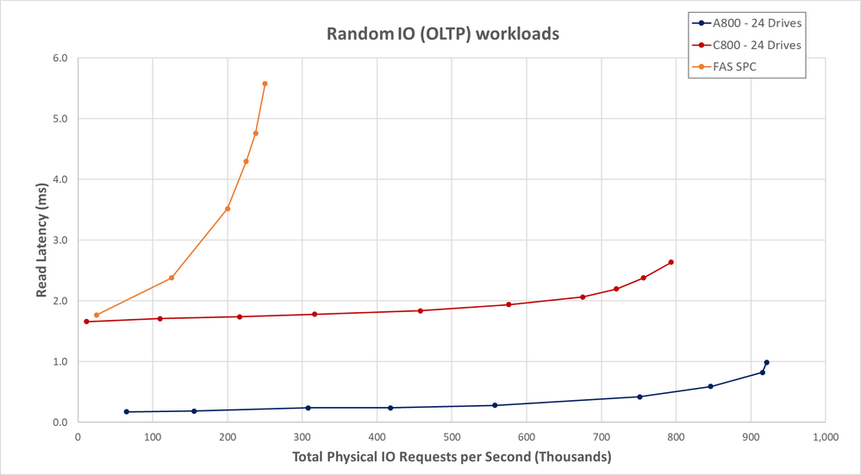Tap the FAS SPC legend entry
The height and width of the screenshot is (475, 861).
[x=733, y=66]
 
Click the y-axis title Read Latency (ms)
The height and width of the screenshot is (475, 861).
[x=41, y=239]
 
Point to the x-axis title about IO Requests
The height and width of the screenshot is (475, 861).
[x=452, y=456]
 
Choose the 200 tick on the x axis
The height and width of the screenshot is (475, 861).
[x=228, y=436]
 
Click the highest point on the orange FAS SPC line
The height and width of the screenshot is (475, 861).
[x=265, y=84]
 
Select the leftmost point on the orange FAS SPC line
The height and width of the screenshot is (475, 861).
[x=97, y=315]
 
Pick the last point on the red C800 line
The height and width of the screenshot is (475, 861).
[x=671, y=262]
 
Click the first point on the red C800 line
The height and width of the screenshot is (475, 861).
[x=86, y=322]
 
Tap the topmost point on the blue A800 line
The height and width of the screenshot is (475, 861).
[x=766, y=363]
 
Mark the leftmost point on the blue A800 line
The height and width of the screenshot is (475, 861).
[x=127, y=412]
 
